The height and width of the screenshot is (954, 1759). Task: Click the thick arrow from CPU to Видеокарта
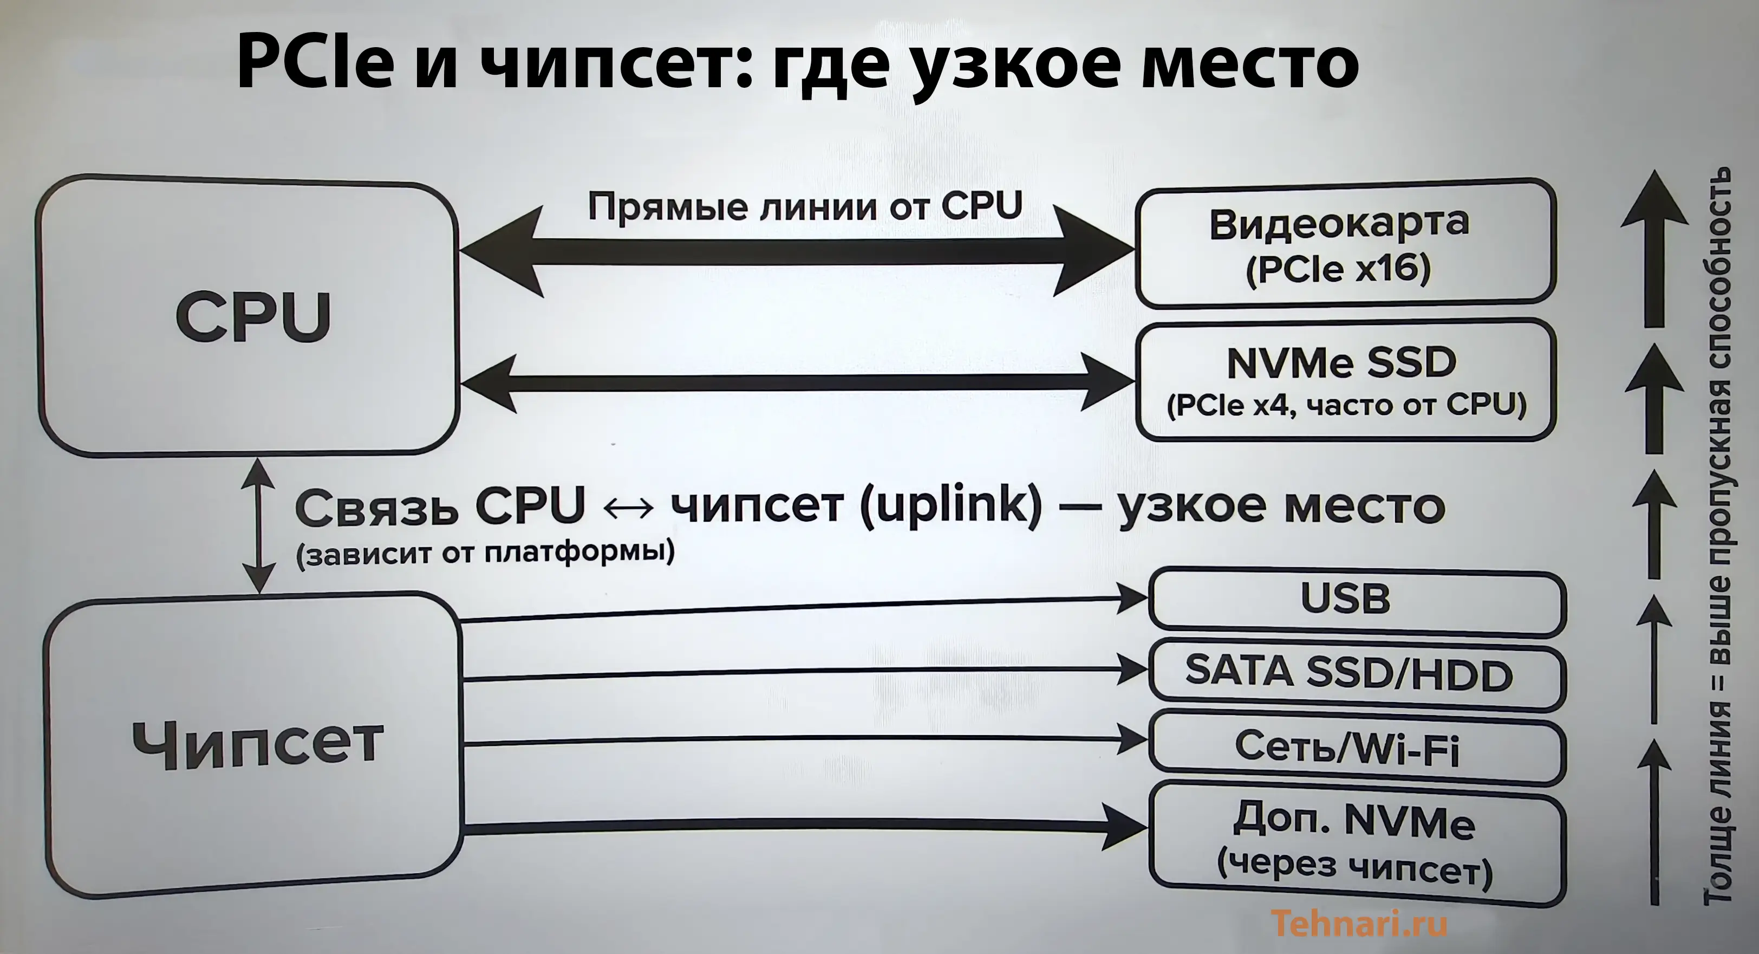pyautogui.click(x=796, y=251)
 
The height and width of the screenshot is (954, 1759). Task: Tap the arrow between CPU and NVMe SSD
pyautogui.click(x=796, y=382)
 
